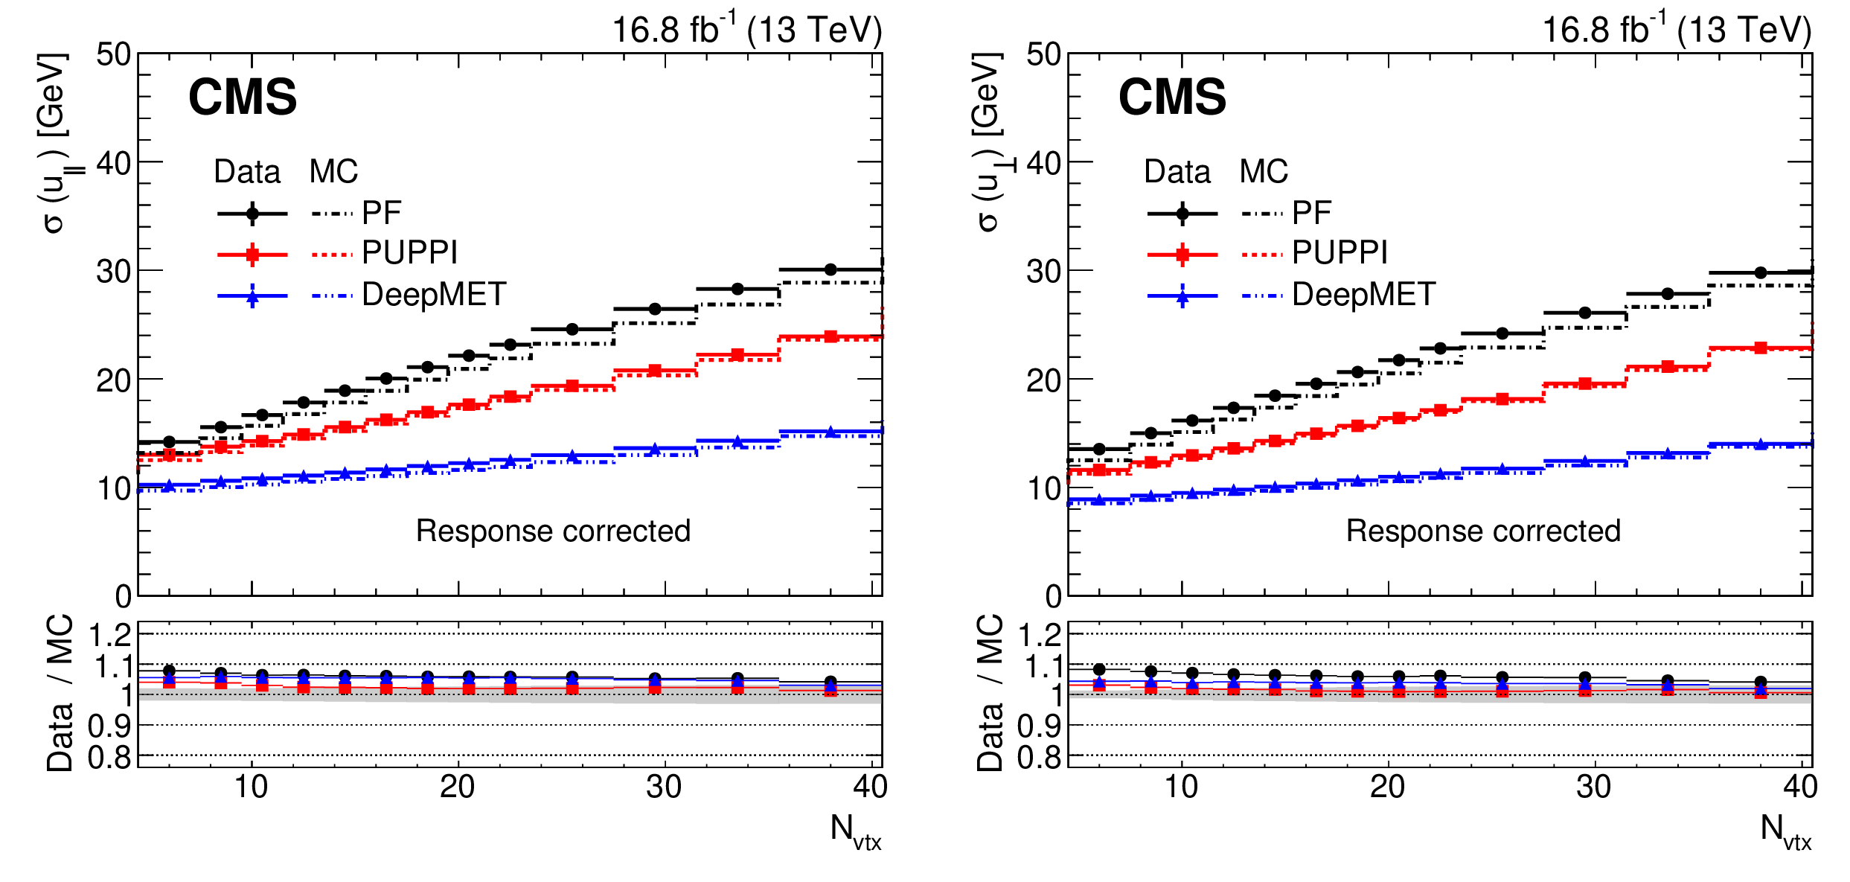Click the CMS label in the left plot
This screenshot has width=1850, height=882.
point(243,98)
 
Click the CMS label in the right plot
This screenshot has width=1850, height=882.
point(1172,98)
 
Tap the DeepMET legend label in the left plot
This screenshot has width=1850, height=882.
point(434,295)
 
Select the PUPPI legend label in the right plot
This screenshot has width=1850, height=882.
point(1340,253)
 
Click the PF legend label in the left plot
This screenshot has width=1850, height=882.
point(381,214)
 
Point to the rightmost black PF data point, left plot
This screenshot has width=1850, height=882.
point(830,269)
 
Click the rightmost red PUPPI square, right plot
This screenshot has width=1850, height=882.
point(1761,348)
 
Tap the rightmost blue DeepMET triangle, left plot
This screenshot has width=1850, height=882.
point(830,432)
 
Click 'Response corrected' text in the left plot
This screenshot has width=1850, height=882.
point(553,531)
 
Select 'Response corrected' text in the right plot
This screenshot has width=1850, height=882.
point(1483,531)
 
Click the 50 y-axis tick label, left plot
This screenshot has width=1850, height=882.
point(114,54)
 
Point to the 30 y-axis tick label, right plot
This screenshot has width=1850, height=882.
point(1043,272)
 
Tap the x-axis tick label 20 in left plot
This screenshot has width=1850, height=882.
point(457,787)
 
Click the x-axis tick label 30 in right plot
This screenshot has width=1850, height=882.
point(1593,787)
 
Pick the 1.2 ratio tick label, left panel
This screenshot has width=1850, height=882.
point(110,636)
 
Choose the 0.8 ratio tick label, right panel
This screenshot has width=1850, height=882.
point(1040,758)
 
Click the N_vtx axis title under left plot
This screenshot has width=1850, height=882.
point(855,831)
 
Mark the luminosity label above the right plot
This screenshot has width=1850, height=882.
point(1677,30)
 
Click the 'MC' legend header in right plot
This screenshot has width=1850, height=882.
point(1264,172)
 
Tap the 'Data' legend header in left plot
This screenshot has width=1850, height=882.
point(247,172)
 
